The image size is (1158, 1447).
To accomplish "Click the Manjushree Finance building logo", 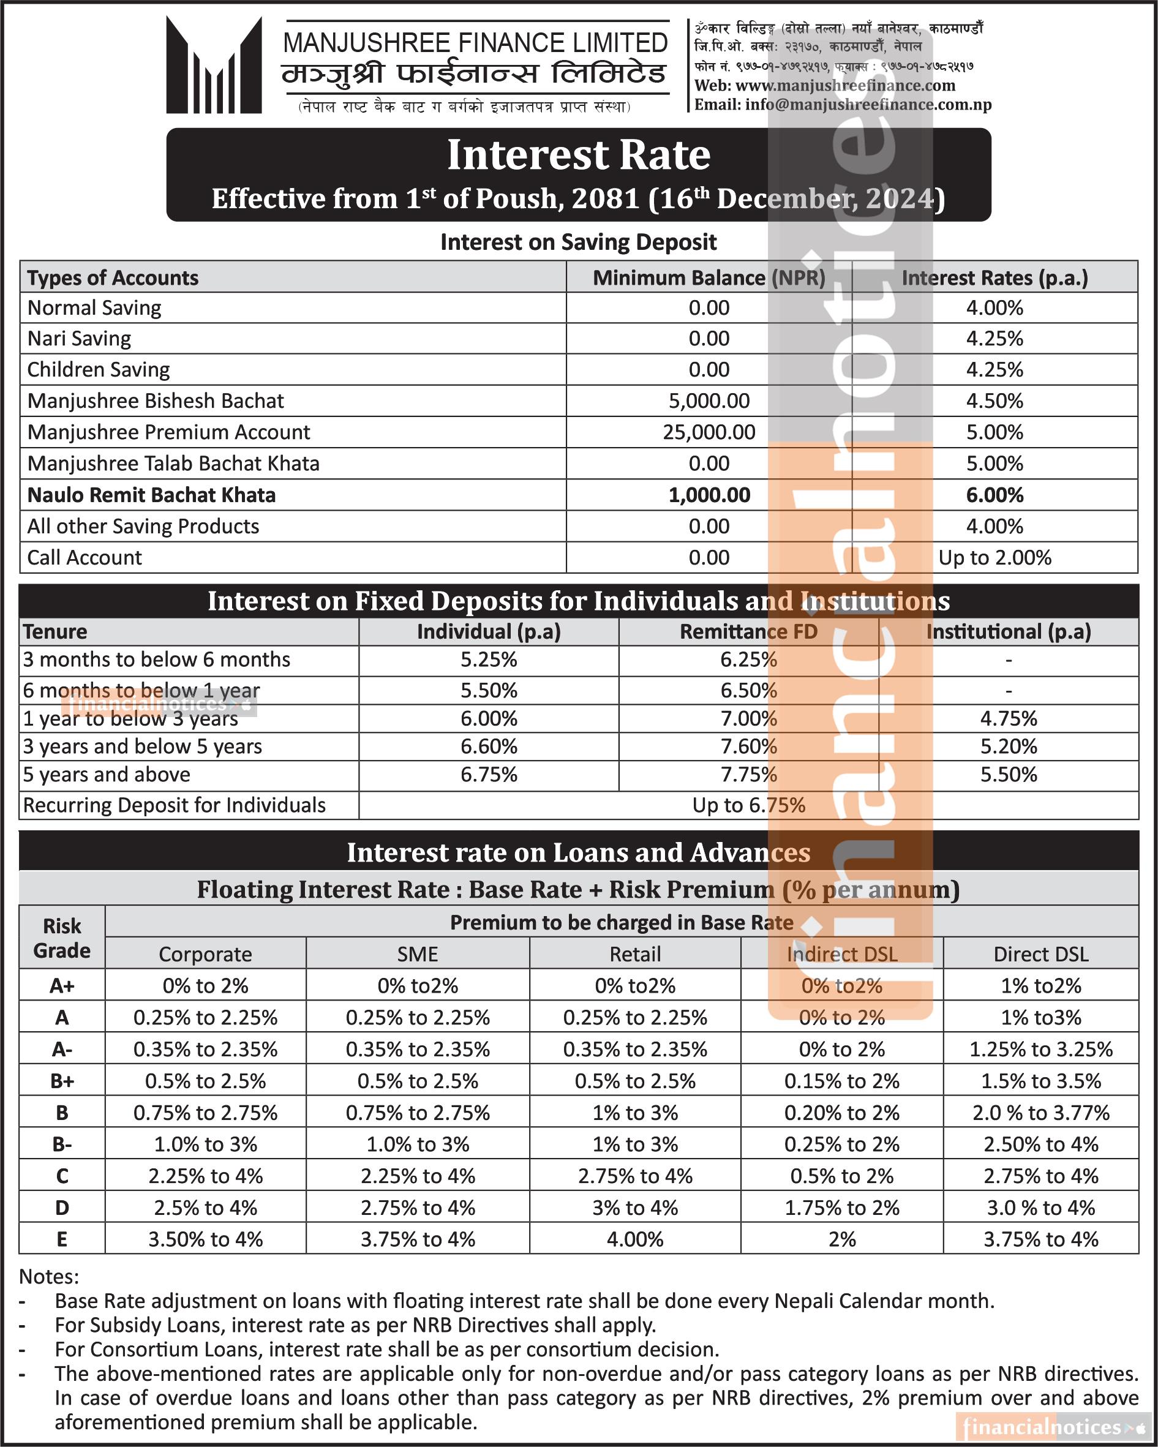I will pos(214,65).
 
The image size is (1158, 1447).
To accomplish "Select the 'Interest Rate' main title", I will pos(578,155).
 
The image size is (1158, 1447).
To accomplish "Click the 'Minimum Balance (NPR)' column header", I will pos(709,278).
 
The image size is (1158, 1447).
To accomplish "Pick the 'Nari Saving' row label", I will pos(79,338).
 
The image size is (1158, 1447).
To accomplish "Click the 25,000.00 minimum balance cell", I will pos(709,432).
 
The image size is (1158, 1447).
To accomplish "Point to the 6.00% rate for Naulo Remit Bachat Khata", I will pos(994,495).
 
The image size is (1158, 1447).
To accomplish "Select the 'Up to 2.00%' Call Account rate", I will pos(994,558).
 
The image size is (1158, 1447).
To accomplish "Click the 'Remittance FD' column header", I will pos(748,631).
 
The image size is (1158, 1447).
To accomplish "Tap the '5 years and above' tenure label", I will pos(107,775).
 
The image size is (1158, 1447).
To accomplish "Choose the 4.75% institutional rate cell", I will pos(1009,719).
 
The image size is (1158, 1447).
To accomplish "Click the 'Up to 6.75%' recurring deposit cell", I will pos(748,805).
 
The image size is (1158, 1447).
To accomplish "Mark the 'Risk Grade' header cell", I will pos(62,938).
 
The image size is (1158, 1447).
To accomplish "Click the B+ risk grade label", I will pos(62,1081).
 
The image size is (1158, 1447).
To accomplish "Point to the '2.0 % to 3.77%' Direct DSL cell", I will pos(1040,1113).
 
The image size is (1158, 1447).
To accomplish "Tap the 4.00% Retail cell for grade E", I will pos(634,1239).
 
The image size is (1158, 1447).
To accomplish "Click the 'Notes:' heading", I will pos(49,1276).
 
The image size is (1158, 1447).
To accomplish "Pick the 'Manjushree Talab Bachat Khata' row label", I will pos(173,464).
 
